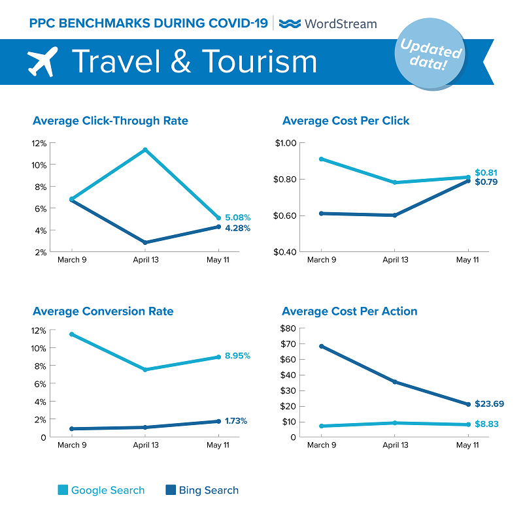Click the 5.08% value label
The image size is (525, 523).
coord(238,217)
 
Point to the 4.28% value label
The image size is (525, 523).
coord(238,228)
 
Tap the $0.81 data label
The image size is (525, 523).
coord(486,172)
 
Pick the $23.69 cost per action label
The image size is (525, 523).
coord(490,404)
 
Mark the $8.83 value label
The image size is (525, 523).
coord(486,424)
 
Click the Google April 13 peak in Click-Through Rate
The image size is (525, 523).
coord(144,150)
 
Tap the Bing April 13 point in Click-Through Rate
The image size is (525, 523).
coord(144,242)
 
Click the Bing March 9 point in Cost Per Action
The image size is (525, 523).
coord(320,346)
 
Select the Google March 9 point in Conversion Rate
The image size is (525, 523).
coord(71,334)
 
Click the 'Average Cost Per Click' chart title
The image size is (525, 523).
coord(346,121)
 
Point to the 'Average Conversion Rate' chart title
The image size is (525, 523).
coord(103,311)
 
